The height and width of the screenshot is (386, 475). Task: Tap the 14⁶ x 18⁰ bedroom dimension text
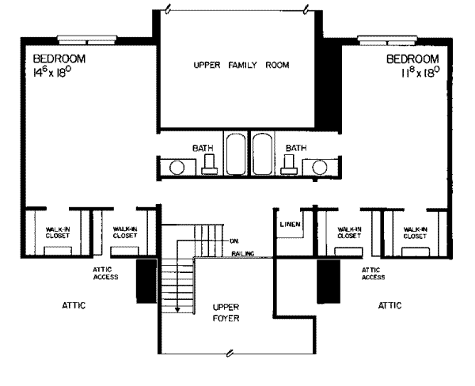tap(59, 71)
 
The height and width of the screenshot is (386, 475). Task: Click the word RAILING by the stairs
tap(242, 253)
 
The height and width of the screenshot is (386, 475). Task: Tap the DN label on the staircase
tap(234, 240)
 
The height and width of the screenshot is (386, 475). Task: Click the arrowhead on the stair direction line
tap(178, 309)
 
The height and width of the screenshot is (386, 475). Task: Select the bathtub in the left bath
tap(236, 154)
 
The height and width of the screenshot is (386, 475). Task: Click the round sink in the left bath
tap(178, 168)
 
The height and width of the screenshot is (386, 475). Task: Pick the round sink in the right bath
tap(321, 168)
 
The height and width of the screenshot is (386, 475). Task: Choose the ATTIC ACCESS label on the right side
tap(373, 274)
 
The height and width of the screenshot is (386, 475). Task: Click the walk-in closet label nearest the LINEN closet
tap(349, 233)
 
